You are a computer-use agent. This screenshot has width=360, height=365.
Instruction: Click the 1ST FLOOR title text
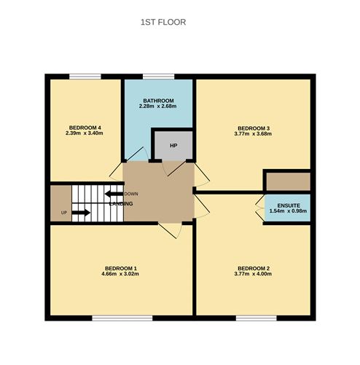point(163,23)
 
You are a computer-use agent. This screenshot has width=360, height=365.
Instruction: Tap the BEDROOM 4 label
point(85,128)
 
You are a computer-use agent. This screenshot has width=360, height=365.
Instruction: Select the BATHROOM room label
point(158,101)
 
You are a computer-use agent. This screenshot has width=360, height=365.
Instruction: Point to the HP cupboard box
point(173,146)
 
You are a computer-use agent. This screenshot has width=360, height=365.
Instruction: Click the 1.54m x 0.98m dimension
point(289,211)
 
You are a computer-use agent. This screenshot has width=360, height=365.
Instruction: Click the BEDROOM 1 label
point(120,269)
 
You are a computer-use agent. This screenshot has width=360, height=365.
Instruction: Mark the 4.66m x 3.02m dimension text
point(120,275)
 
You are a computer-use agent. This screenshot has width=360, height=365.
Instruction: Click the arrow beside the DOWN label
point(113,194)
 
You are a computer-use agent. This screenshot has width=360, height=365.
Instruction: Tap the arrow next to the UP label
point(81,213)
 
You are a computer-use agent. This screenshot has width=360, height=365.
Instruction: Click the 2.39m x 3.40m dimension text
point(85,134)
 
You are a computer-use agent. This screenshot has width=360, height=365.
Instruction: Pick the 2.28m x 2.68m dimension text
point(158,107)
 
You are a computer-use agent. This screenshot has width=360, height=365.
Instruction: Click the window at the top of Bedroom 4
point(85,76)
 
